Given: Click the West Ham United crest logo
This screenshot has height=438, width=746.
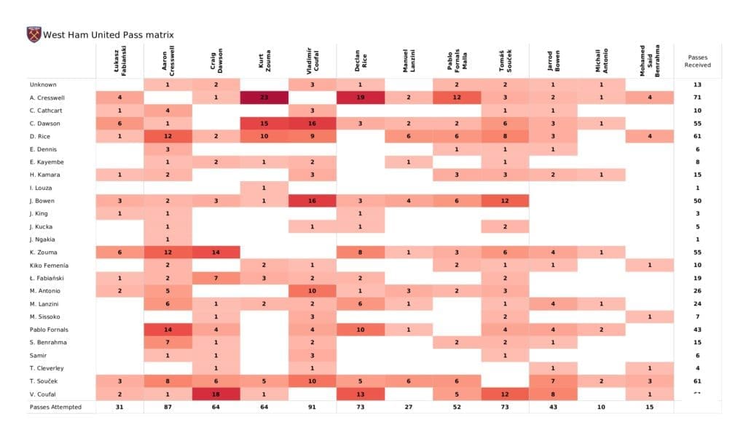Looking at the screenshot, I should [x=34, y=34].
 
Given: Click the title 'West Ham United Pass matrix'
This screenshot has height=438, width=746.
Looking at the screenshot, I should [x=109, y=34].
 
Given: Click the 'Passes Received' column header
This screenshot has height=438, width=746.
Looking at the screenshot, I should [x=698, y=60].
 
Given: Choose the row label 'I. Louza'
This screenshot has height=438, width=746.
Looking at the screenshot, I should [x=41, y=188].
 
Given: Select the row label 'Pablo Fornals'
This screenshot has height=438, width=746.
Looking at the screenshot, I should [x=48, y=330].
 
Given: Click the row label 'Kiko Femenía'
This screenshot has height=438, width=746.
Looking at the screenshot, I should [x=48, y=265].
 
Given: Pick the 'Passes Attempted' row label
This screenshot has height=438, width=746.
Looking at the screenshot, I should [x=55, y=407].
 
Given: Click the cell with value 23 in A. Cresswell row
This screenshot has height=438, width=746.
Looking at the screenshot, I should [x=264, y=97].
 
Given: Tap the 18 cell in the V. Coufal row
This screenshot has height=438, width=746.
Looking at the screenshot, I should [x=216, y=394].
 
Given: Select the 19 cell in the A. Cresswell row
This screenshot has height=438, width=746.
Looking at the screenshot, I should [x=360, y=97].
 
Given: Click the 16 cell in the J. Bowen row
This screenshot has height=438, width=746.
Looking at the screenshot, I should [x=312, y=201].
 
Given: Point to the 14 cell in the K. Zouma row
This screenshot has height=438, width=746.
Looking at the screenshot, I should [x=216, y=252].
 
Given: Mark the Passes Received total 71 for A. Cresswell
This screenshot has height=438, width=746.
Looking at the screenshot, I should [x=698, y=97].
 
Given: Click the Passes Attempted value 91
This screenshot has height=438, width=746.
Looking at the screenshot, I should [x=312, y=407].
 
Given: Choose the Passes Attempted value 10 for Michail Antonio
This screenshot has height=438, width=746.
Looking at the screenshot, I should [x=600, y=407].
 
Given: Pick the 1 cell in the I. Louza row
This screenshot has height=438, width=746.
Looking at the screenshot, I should [x=264, y=188].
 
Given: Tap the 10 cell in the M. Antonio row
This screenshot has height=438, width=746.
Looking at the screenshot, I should [x=312, y=291].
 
